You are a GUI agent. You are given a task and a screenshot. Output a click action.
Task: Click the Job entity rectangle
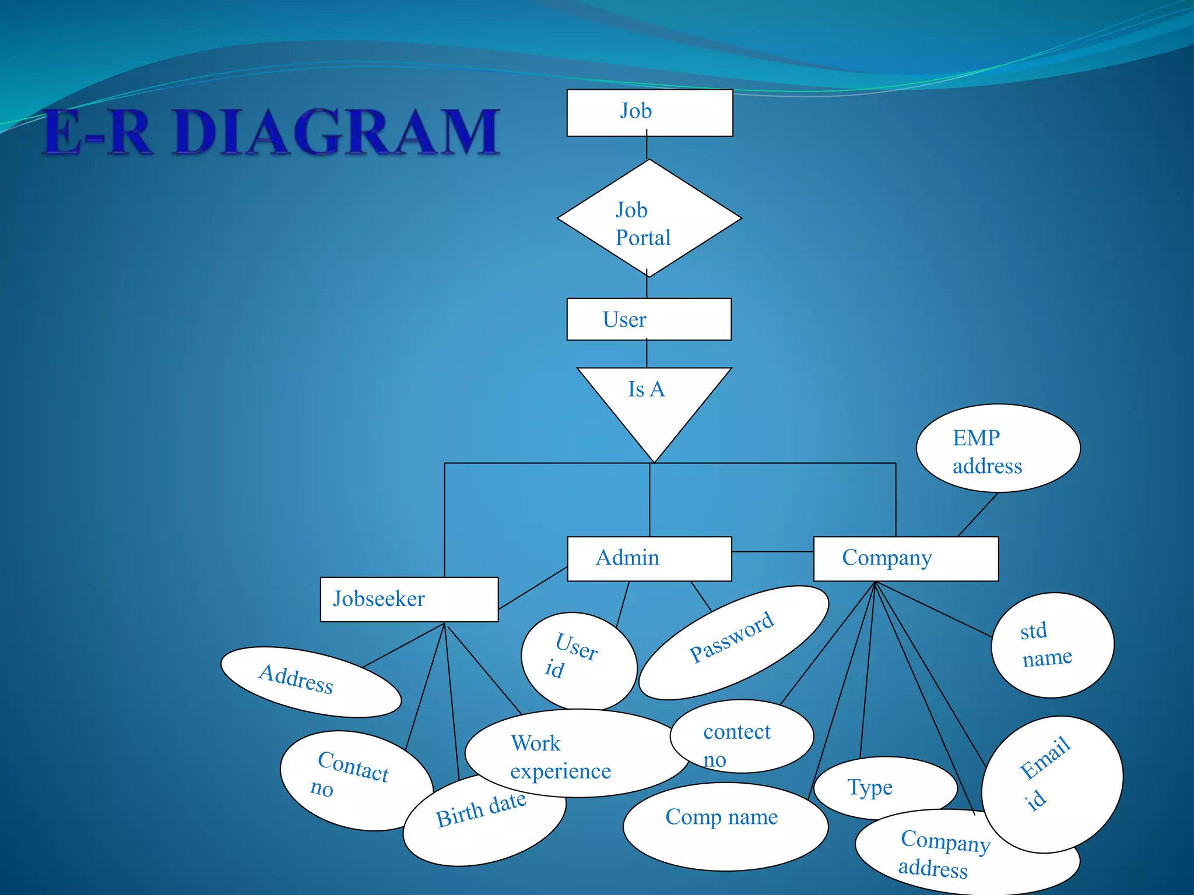point(649,112)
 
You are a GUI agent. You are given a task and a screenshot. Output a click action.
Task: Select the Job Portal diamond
point(649,219)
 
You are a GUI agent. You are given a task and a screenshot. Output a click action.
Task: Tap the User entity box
point(649,319)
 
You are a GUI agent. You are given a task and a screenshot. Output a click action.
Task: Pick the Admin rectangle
point(649,558)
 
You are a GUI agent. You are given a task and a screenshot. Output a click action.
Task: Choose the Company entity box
point(905,558)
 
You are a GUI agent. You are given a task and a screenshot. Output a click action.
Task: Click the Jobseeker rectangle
point(409,599)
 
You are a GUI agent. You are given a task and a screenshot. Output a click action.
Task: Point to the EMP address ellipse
point(998,448)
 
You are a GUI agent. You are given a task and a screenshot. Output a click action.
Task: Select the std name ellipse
point(1052,645)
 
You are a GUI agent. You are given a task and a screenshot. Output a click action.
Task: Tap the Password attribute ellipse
point(733,643)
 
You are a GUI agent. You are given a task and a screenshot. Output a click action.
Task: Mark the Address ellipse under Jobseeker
point(310,681)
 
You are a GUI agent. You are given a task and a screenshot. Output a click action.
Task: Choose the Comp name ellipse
point(725,826)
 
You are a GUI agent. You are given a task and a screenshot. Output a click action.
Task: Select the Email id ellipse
point(1052,784)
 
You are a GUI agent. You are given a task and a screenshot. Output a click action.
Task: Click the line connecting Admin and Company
point(772,551)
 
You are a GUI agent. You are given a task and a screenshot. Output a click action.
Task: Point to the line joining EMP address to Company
point(978,515)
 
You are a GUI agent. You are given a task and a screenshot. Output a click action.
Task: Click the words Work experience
point(560,757)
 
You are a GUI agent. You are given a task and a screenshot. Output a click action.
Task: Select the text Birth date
point(480,810)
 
